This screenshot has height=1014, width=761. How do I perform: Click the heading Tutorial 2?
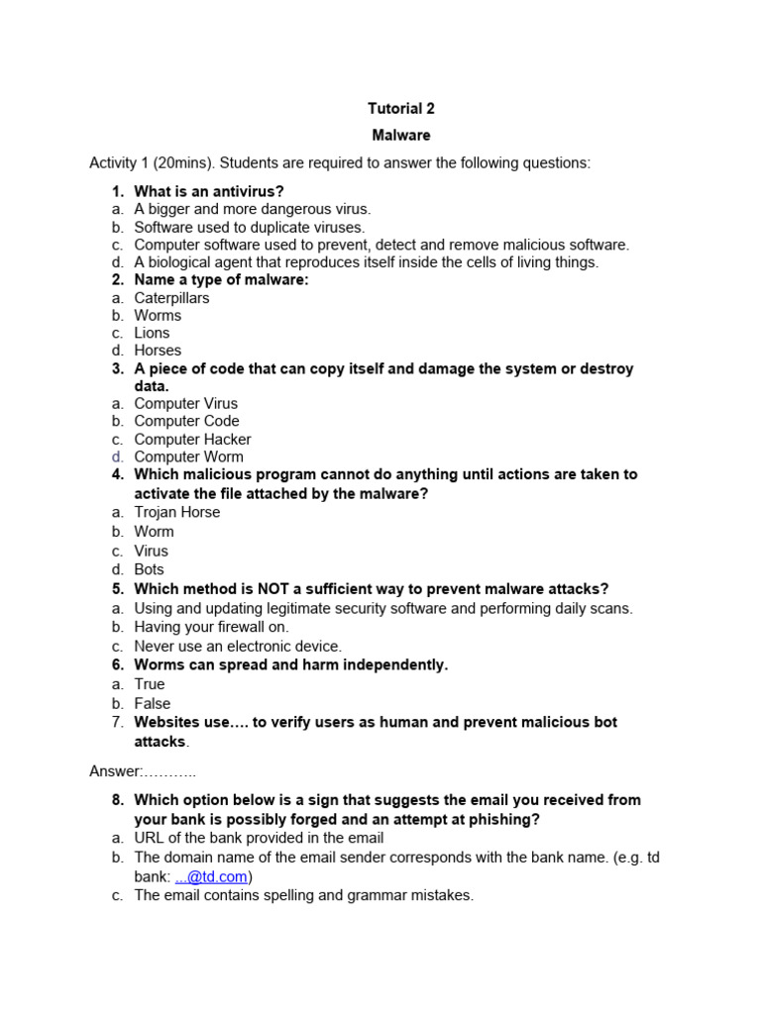(401, 109)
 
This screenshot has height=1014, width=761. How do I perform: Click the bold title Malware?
(401, 136)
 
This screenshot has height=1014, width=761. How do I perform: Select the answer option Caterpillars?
(171, 298)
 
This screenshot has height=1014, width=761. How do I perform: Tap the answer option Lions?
(152, 333)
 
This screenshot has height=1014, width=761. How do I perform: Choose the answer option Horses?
(158, 351)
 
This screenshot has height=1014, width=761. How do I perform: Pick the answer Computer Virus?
(185, 404)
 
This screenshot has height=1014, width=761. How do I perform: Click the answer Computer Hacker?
(192, 440)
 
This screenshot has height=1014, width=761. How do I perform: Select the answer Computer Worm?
(188, 457)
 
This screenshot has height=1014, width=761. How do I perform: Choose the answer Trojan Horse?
(177, 513)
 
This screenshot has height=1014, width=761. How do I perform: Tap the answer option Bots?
(150, 569)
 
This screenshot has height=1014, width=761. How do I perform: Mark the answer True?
(150, 684)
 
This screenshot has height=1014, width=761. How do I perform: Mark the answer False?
(153, 704)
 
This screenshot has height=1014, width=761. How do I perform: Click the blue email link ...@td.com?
(212, 877)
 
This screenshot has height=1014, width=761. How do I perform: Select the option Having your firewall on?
(212, 627)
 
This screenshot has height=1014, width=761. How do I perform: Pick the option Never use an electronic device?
(238, 646)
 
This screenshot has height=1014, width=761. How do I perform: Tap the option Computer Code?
(186, 422)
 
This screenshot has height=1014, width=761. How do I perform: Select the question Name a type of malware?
(221, 280)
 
